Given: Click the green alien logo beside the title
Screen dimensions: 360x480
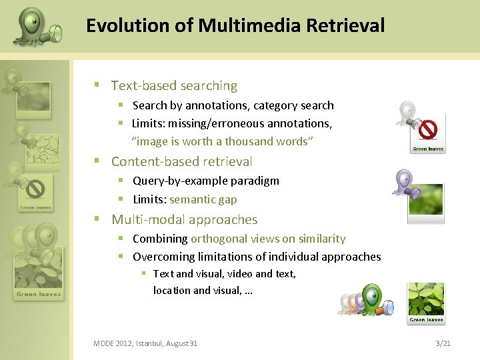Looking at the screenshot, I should click(x=37, y=27).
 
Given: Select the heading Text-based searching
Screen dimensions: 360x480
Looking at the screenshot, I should click(x=174, y=85).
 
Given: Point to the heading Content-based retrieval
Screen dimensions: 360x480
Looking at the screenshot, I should click(x=181, y=161).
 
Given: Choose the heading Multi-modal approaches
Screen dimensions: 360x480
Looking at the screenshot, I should click(x=184, y=219).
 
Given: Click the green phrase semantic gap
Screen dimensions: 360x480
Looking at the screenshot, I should click(x=203, y=199).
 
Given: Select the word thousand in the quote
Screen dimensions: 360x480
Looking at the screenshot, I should click(x=249, y=141).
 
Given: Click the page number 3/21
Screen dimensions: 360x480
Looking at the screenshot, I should click(x=443, y=343).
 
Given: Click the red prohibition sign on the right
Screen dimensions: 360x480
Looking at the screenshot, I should click(x=427, y=128).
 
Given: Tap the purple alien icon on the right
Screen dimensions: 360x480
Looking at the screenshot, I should click(x=403, y=182).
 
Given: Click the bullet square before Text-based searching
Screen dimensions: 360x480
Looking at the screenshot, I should click(x=97, y=85).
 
